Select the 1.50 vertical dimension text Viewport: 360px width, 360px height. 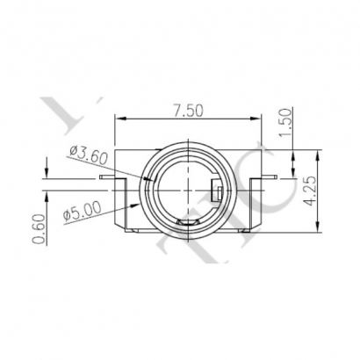click(283, 119)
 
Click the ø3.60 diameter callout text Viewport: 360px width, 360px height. click(88, 155)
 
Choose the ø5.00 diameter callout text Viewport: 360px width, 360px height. click(83, 212)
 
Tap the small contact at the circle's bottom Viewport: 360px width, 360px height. click(187, 227)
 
